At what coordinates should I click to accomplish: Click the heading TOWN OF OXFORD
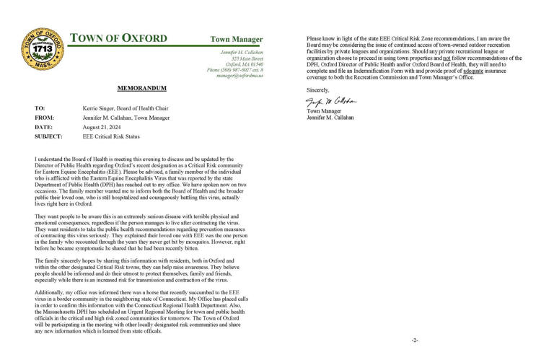(x=118, y=38)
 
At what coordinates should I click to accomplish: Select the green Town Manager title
(x=237, y=39)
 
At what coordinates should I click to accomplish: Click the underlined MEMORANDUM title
(x=141, y=88)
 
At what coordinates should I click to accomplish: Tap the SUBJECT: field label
(x=49, y=136)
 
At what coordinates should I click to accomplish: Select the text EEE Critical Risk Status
(x=105, y=136)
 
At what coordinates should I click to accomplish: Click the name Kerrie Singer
(x=89, y=107)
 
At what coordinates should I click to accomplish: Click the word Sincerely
(x=318, y=89)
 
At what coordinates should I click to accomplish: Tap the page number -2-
(x=415, y=339)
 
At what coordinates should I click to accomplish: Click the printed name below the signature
(x=333, y=117)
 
